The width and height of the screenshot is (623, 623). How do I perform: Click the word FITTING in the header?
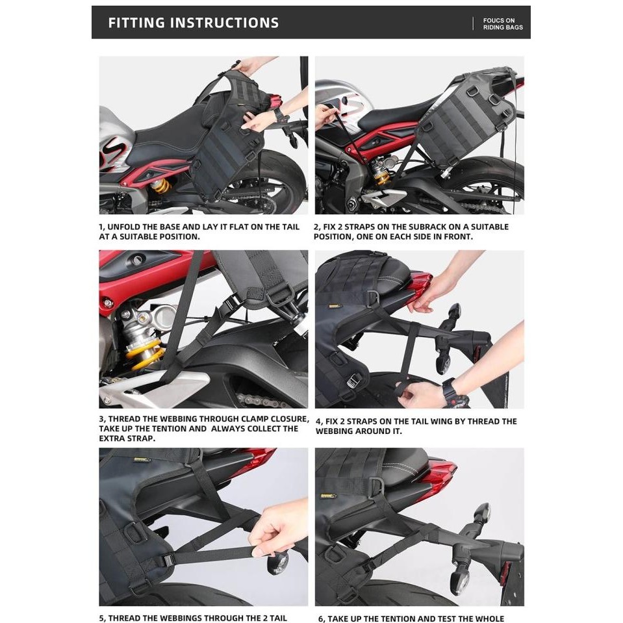tap(136, 23)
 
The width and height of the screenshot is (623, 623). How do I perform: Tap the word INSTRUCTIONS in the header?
tap(225, 23)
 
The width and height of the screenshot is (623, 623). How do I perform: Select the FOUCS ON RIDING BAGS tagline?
tap(503, 24)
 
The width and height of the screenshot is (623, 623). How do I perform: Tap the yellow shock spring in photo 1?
tap(161, 186)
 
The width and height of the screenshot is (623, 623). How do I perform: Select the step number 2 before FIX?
tap(316, 227)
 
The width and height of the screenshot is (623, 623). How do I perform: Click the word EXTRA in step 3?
tap(112, 439)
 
